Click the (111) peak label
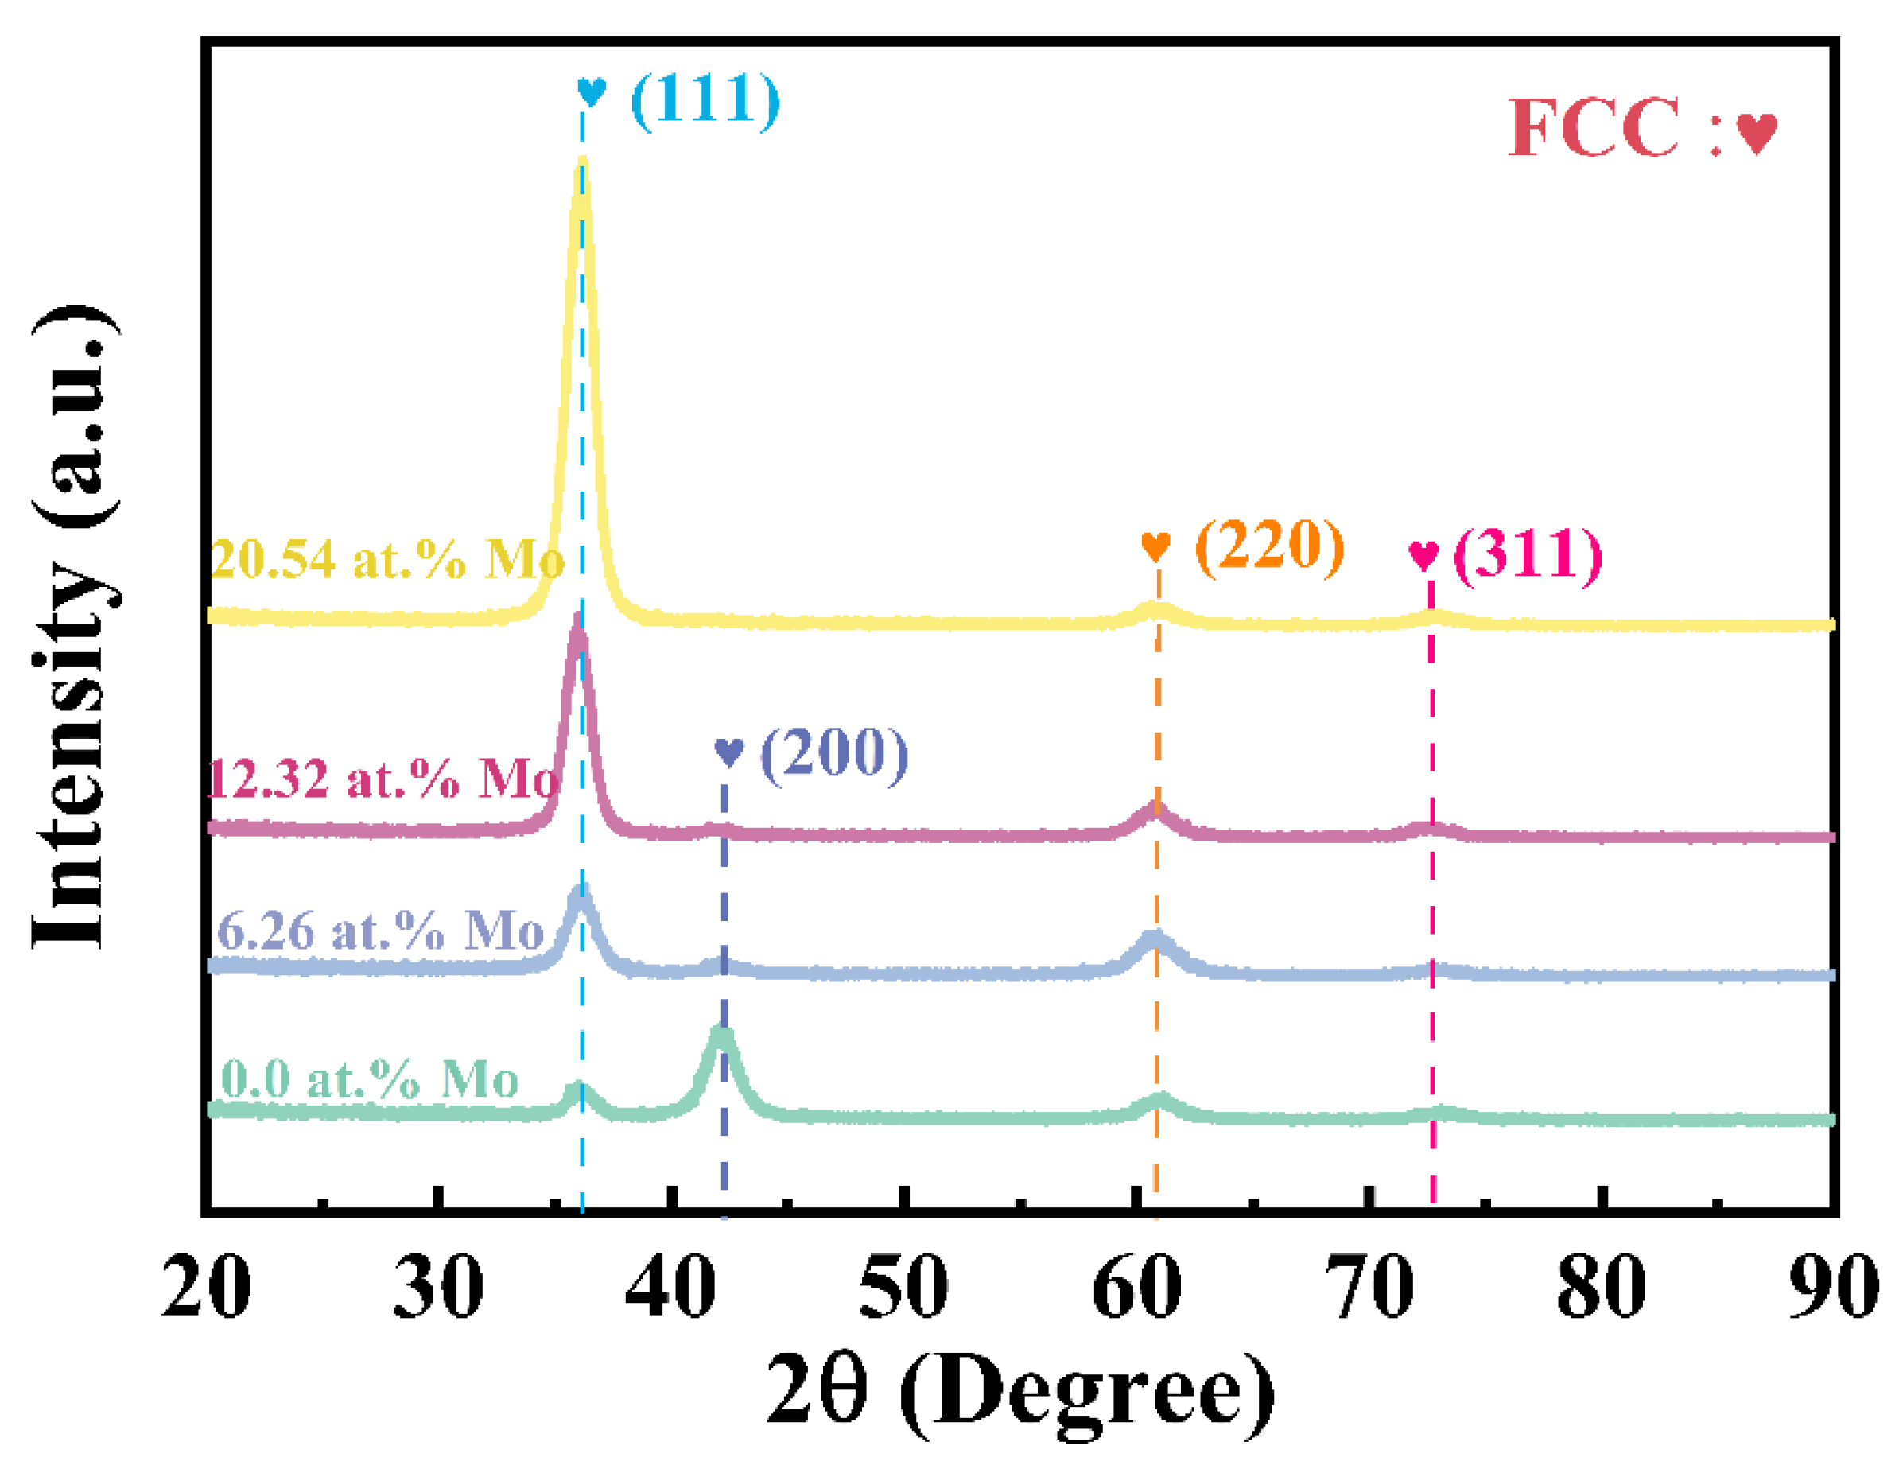(x=705, y=100)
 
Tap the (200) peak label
(x=834, y=753)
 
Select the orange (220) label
(x=1269, y=546)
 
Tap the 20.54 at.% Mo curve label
(x=387, y=559)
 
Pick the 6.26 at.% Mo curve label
(x=380, y=931)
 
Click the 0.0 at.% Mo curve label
(x=370, y=1080)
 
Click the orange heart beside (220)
(x=1155, y=546)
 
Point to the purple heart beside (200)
(x=728, y=752)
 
